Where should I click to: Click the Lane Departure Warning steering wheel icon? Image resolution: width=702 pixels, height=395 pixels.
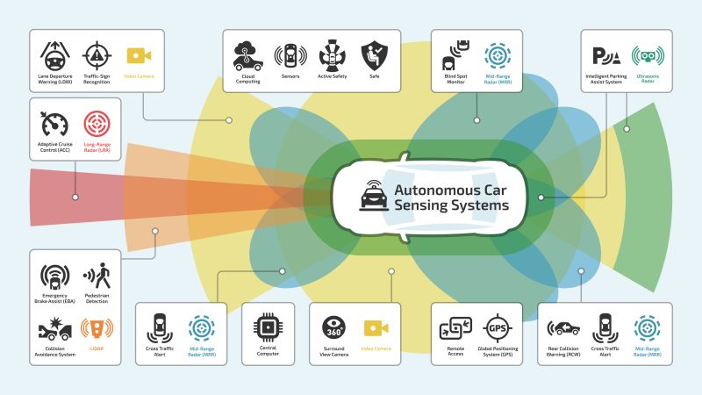55,55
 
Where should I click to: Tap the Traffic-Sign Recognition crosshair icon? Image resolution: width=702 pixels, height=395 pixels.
97,55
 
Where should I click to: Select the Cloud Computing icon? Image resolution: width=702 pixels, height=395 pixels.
247,55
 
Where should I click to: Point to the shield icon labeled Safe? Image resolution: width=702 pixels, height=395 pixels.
375,55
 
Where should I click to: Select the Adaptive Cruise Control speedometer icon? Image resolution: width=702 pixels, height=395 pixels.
55,124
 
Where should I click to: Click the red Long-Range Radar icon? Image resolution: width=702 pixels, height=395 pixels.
97,124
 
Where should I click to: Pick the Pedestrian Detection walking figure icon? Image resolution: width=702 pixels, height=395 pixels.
97,276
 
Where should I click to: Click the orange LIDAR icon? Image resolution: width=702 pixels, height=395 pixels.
97,328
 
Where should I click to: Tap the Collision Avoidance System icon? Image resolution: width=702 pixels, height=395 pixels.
55,330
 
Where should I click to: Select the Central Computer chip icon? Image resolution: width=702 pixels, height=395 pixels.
267,327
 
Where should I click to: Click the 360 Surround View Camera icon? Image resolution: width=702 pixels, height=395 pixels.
333,327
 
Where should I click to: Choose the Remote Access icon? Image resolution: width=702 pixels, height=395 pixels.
457,328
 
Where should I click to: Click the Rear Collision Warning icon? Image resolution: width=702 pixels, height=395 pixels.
563,328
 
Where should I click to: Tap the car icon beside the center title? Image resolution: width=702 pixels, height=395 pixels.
373,197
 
